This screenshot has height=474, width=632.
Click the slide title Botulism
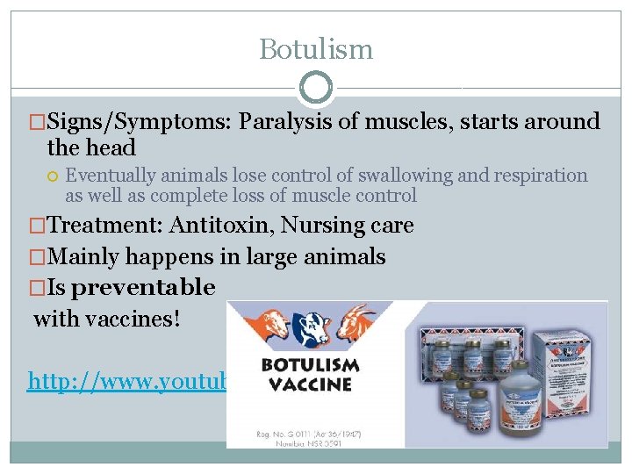coord(316,49)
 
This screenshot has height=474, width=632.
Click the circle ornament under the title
coord(316,88)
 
